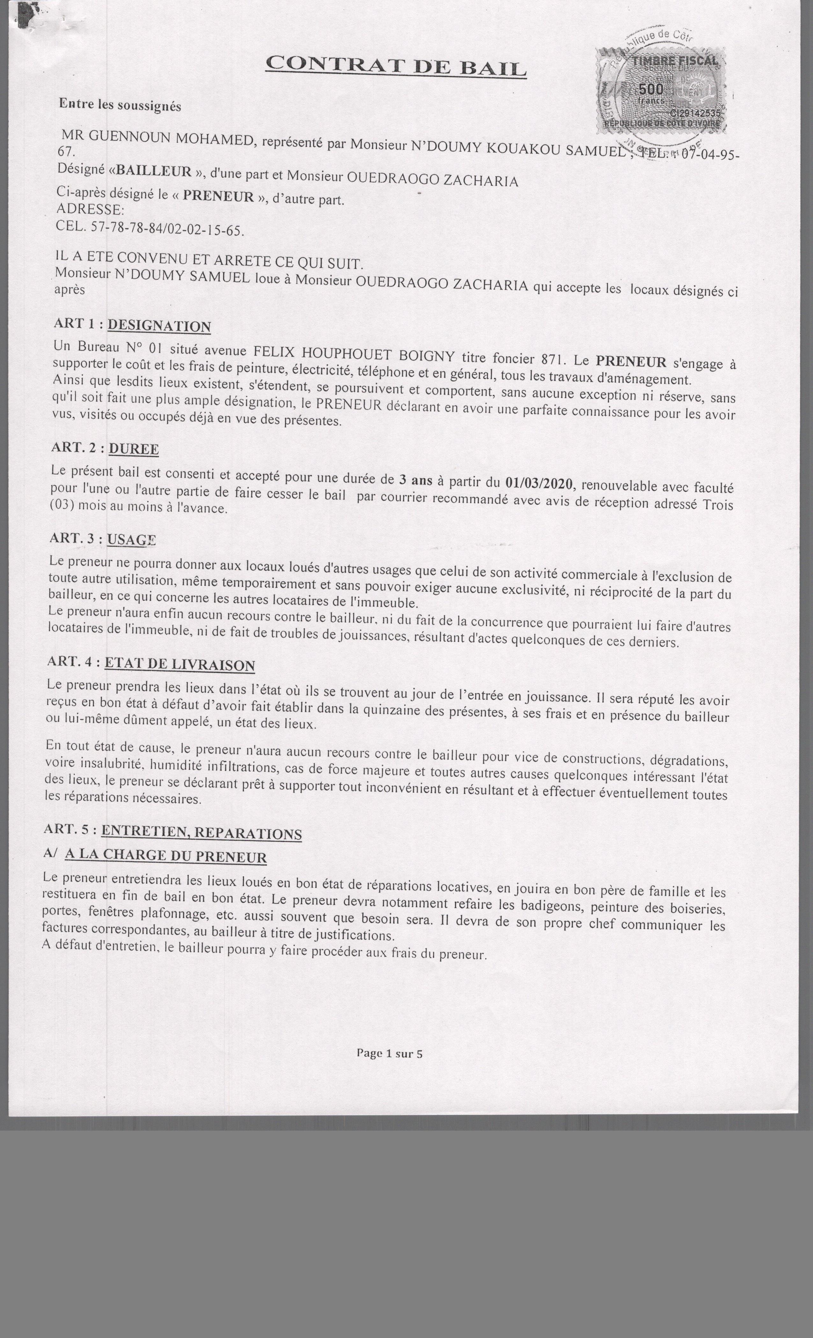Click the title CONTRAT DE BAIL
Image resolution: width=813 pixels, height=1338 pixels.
pyautogui.click(x=396, y=66)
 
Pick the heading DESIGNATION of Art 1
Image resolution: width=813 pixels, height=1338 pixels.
pyautogui.click(x=159, y=326)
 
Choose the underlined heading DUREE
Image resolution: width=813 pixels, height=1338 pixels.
pyautogui.click(x=134, y=449)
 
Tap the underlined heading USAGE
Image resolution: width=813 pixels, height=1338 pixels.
pyautogui.click(x=131, y=539)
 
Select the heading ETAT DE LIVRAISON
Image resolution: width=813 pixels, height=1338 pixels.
pyautogui.click(x=179, y=664)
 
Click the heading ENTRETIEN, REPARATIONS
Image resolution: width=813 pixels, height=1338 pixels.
pyautogui.click(x=201, y=832)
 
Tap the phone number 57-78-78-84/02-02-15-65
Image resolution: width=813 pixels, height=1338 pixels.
pyautogui.click(x=167, y=229)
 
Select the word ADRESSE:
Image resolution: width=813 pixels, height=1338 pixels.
pyautogui.click(x=90, y=209)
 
